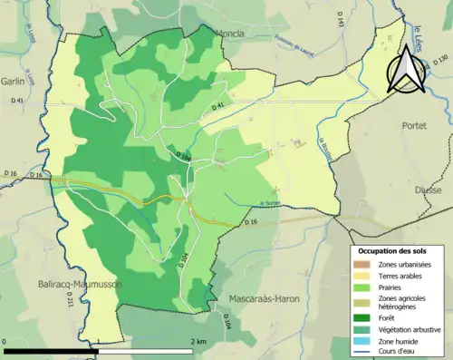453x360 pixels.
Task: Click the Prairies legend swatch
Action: [362, 288]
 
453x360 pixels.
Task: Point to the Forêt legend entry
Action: [390, 317]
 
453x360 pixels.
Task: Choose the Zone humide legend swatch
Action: [362, 341]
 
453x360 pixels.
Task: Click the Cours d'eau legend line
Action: [362, 353]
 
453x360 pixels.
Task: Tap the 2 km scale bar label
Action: [197, 341]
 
